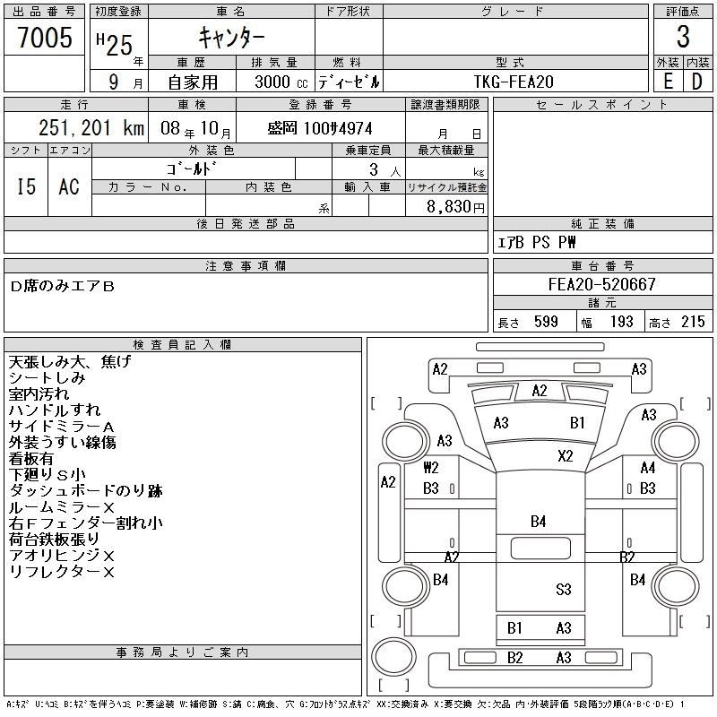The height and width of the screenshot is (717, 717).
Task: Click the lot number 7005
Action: pos(45,38)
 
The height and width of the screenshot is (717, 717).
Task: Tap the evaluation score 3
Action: pos(683,38)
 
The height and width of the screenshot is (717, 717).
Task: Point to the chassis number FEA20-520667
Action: pos(601,285)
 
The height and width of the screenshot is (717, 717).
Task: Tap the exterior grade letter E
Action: pos(668,81)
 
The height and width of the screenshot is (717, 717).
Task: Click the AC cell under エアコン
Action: pos(69,186)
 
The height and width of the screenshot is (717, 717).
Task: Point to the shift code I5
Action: pos(26,186)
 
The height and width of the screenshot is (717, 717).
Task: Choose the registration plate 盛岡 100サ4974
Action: pos(320,129)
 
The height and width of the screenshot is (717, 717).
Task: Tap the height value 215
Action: pos(693,322)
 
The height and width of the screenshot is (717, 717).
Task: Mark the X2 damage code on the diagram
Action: pos(566,455)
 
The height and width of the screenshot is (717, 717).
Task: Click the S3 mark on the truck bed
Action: pos(563,589)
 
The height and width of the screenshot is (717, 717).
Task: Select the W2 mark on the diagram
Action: pos(431,468)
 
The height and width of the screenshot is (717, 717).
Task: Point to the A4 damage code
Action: pos(648,468)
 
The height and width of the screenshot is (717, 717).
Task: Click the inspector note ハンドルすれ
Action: pos(54,410)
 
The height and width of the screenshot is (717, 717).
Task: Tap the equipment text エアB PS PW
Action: pos(537,243)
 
